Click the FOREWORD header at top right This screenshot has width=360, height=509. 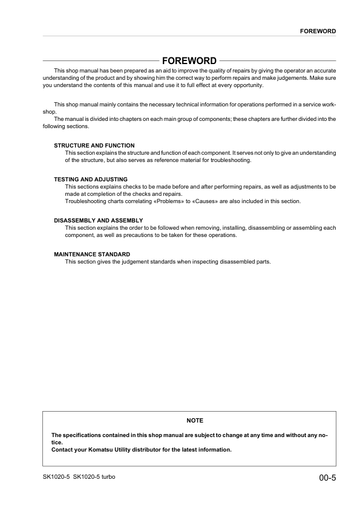[318, 31]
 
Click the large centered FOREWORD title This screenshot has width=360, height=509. [189, 60]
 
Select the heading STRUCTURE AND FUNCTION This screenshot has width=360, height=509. [94, 146]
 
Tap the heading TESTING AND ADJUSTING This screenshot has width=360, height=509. [91, 180]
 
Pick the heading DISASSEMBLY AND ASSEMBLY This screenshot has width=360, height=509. [99, 220]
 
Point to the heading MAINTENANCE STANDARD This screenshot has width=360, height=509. [92, 254]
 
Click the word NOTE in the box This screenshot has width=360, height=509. [195, 420]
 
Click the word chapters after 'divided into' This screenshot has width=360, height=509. [118, 119]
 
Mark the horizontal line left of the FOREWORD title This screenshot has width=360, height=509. [100, 61]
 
